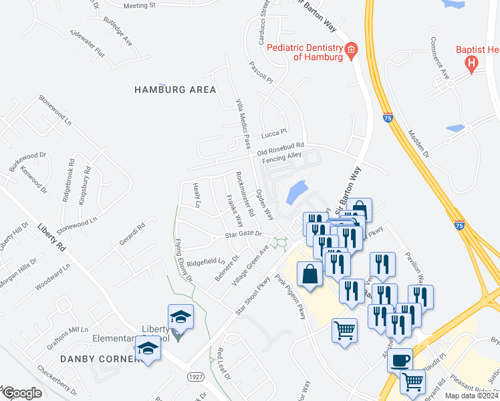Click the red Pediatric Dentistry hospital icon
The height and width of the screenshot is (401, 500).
point(350,50)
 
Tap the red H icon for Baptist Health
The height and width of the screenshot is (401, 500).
point(472,64)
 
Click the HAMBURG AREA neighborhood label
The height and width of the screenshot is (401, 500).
point(175,90)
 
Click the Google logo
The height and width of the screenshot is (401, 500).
point(21,393)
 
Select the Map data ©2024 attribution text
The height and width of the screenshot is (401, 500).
point(471,396)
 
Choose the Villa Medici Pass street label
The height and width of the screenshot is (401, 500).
point(243,122)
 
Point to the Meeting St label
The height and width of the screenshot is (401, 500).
point(139,5)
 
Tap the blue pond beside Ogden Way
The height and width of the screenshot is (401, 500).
point(296,192)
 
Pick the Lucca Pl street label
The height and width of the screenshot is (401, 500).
point(273,132)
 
